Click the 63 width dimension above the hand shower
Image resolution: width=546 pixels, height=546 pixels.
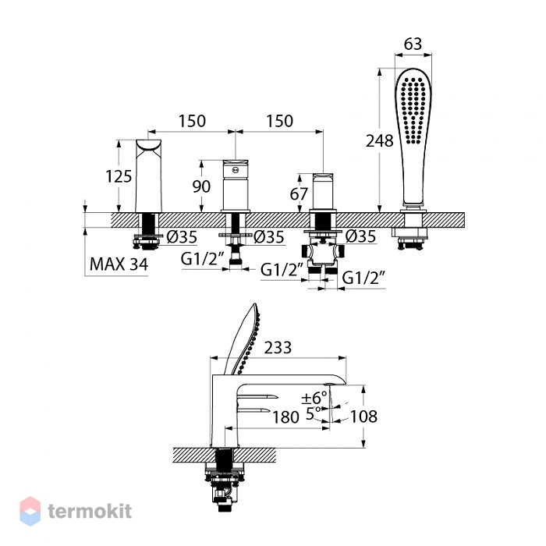coord(413,44)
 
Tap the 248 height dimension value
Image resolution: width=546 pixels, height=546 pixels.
coord(380,141)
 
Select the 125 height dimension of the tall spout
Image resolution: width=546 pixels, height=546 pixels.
coord(119,176)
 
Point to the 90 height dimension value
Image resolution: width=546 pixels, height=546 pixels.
coord(201,186)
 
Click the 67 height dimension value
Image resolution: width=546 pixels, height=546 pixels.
coord(299,194)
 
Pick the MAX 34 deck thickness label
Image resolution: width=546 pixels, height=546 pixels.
coord(119,264)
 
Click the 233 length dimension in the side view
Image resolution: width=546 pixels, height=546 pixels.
coord(278,348)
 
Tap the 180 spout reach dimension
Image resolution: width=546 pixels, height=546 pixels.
coord(285,417)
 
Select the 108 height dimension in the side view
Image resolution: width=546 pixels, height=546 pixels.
coord(363,416)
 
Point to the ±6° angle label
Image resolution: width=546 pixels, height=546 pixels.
coord(314,397)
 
